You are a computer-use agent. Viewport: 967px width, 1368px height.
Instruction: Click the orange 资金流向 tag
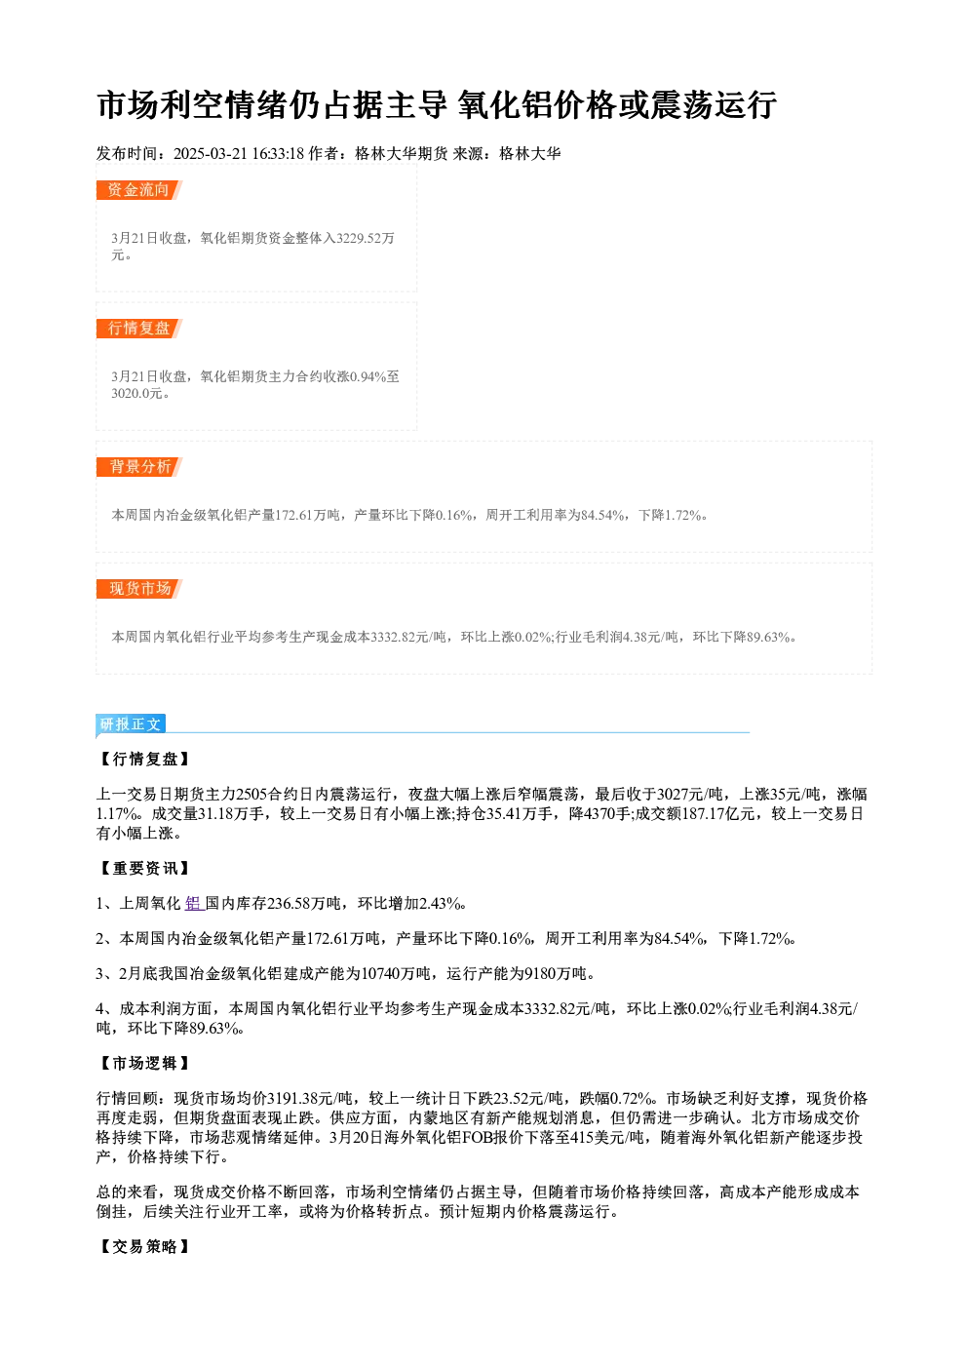pyautogui.click(x=138, y=190)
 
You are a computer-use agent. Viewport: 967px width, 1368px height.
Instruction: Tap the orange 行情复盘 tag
pyautogui.click(x=138, y=329)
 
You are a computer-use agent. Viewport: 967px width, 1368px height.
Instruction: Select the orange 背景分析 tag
pyautogui.click(x=138, y=467)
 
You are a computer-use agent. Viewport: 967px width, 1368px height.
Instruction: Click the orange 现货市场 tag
pyautogui.click(x=138, y=589)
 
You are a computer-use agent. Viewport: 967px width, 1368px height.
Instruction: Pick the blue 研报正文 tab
pyautogui.click(x=131, y=724)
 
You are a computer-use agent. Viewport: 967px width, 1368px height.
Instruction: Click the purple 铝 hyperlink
pyautogui.click(x=193, y=903)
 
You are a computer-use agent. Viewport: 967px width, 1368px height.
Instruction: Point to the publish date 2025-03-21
pyautogui.click(x=211, y=153)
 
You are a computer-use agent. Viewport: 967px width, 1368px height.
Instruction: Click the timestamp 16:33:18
pyautogui.click(x=278, y=153)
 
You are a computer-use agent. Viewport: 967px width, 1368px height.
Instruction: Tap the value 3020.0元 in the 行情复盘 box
pyautogui.click(x=136, y=393)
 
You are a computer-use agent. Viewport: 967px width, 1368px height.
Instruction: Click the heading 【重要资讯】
pyautogui.click(x=143, y=869)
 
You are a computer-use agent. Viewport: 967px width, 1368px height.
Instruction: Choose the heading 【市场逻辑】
pyautogui.click(x=143, y=1063)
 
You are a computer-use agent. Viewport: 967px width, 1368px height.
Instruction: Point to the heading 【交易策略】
pyautogui.click(x=143, y=1246)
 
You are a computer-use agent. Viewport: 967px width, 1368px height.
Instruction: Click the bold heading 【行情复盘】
pyautogui.click(x=143, y=760)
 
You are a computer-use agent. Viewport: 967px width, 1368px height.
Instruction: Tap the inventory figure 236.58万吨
pyautogui.click(x=304, y=903)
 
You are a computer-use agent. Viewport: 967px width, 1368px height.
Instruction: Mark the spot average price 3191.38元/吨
pyautogui.click(x=311, y=1099)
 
